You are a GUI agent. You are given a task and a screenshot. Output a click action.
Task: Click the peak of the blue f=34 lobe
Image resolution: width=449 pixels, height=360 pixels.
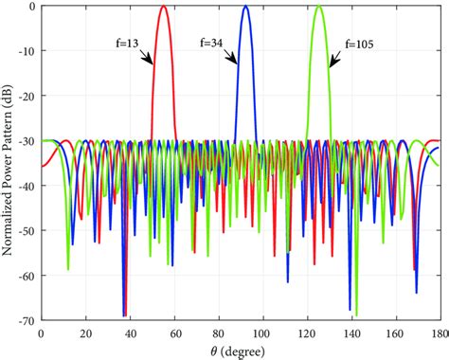coord(245,7)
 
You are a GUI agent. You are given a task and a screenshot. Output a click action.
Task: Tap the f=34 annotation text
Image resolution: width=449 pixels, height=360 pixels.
coord(214,42)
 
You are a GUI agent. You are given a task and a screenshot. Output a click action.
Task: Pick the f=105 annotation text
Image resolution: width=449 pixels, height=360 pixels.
coord(364,42)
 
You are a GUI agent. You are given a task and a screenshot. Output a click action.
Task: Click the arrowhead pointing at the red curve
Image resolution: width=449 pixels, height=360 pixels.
coord(153,63)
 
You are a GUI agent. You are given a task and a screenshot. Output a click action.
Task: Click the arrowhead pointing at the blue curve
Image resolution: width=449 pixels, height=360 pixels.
coord(236,63)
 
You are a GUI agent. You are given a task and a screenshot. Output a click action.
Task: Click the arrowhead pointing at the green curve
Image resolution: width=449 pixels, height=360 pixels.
coord(331,65)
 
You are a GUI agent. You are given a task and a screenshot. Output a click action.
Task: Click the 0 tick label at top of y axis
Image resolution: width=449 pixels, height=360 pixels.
coord(32,7)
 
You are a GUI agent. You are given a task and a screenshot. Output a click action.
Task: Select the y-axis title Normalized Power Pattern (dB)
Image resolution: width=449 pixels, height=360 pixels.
coord(9,163)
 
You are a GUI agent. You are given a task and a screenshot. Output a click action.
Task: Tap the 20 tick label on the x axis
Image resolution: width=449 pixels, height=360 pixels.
coord(85,333)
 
